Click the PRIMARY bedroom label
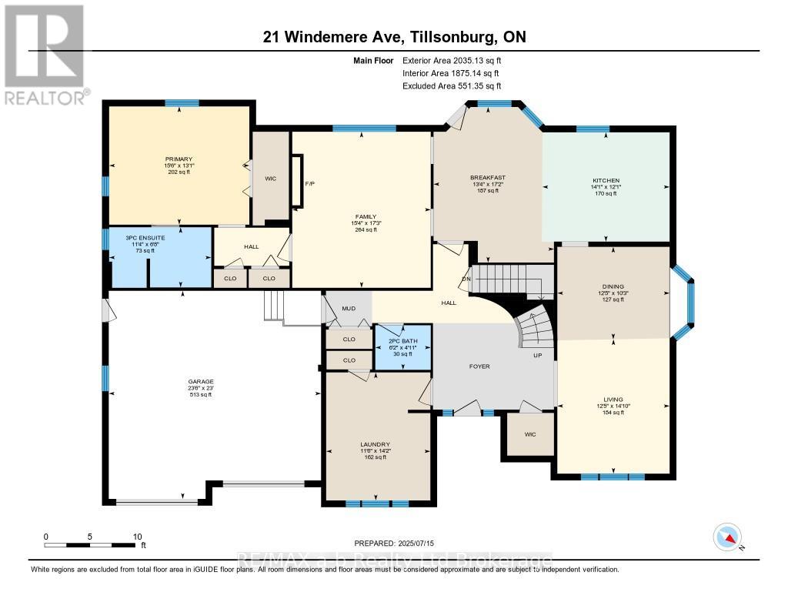[178, 159]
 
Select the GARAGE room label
[202, 381]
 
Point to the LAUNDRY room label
[375, 444]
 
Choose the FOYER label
[479, 366]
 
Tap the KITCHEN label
[604, 181]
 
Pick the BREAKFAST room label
[488, 178]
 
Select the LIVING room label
[613, 400]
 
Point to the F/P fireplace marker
[310, 185]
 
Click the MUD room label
[348, 308]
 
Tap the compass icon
[727, 537]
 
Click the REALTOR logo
[45, 53]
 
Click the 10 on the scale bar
[139, 536]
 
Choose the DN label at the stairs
[466, 279]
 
